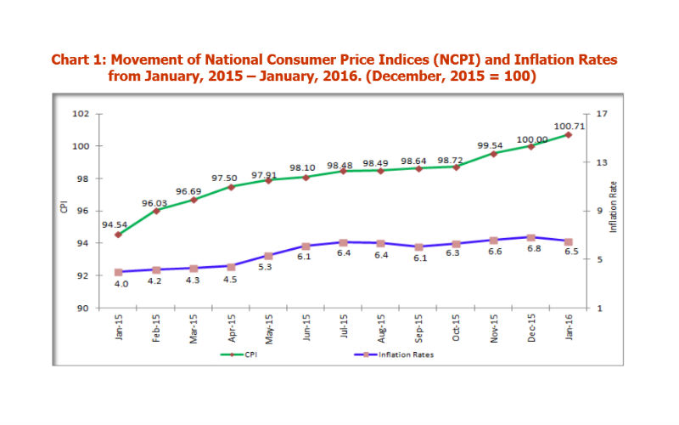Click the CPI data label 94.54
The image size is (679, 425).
[115, 225]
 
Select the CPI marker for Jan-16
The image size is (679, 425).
[568, 134]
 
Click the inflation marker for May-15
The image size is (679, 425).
[268, 256]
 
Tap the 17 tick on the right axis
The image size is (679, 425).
[602, 114]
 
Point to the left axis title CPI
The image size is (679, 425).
[64, 207]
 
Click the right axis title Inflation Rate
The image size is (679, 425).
[613, 207]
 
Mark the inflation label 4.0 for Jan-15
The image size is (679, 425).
[121, 284]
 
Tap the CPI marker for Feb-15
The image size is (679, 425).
[156, 210]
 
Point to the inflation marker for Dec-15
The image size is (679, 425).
[530, 237]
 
